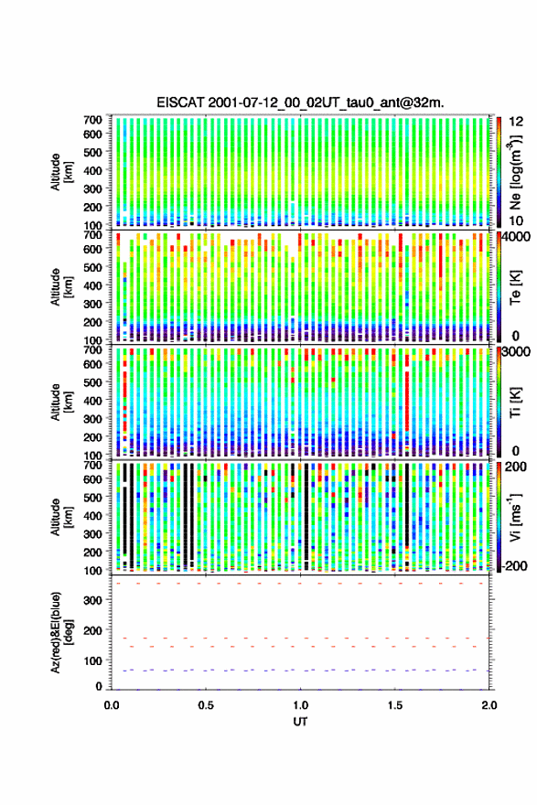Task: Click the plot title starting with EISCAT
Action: click(300, 102)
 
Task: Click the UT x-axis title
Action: click(300, 722)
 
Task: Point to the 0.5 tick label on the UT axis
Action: click(206, 704)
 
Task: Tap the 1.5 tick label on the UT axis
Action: click(395, 704)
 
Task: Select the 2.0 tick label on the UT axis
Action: click(489, 704)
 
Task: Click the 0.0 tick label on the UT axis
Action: click(112, 704)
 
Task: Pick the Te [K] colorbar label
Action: click(515, 288)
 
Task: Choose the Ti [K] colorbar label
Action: click(515, 403)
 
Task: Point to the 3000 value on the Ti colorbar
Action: click(517, 353)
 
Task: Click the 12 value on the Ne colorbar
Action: click(517, 122)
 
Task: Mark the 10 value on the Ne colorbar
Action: click(517, 220)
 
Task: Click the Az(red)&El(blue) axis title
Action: click(61, 632)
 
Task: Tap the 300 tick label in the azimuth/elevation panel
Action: click(93, 601)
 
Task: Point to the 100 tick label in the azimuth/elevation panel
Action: click(93, 661)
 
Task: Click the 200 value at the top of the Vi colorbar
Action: click(516, 467)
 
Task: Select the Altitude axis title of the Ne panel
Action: click(61, 172)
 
